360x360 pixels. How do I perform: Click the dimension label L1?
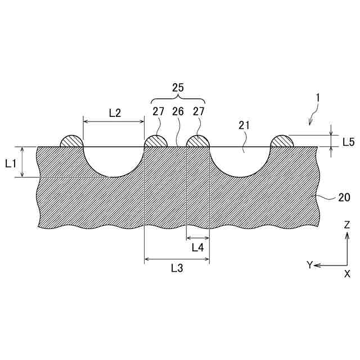(x=11, y=164)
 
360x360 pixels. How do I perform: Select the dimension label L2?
(x=115, y=113)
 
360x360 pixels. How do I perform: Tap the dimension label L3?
(x=177, y=268)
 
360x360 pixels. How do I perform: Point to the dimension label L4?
(x=197, y=247)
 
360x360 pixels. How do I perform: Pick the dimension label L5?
(x=349, y=142)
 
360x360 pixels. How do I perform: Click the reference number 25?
(x=178, y=88)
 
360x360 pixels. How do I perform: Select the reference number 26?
(x=178, y=111)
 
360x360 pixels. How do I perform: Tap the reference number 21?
(x=244, y=125)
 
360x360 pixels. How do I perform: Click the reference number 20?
(x=344, y=197)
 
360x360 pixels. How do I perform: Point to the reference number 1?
(x=317, y=98)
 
